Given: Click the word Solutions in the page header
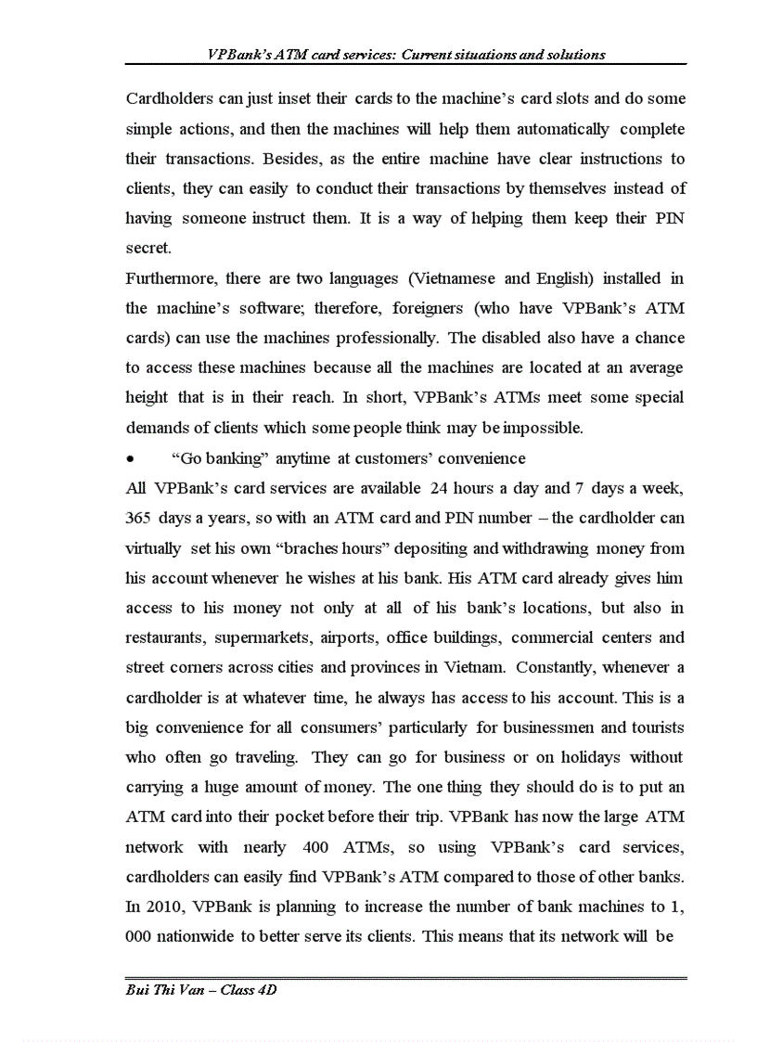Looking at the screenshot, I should point(576,55).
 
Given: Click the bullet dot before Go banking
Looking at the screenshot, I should point(131,459).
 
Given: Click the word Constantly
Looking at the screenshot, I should point(558,667).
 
